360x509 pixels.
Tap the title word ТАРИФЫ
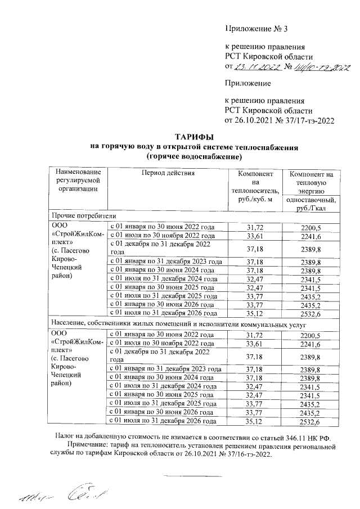[193, 137]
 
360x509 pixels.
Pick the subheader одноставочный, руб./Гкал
[311, 205]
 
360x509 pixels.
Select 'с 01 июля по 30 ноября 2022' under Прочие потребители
[162, 236]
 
